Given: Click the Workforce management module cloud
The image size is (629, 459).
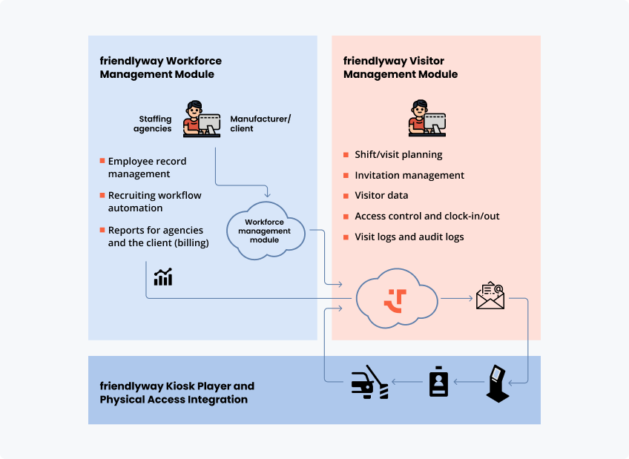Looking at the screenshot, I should (265, 231).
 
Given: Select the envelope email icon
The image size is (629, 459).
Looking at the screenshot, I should (490, 297).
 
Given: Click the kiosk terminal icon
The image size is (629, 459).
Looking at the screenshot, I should (498, 384).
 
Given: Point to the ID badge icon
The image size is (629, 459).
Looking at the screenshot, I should (438, 382).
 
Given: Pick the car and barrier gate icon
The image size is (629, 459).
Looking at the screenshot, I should (369, 383).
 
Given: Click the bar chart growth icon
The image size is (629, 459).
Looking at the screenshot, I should (163, 277).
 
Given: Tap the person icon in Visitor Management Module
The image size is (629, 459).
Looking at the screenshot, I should (427, 118).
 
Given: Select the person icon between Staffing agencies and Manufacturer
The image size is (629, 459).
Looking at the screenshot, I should (201, 118).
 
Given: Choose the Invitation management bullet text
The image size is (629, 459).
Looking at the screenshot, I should (409, 176).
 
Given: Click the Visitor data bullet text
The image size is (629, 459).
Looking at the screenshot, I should (381, 196).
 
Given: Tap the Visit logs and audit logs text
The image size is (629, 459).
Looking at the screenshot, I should (409, 237).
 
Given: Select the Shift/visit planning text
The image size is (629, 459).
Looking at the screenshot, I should (398, 155).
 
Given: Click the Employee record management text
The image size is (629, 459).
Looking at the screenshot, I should (147, 168).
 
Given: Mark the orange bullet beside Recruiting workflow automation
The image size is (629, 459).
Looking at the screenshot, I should (102, 195).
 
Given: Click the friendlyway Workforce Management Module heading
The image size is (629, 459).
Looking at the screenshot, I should (160, 67).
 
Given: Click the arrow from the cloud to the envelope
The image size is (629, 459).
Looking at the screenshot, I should (456, 299).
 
